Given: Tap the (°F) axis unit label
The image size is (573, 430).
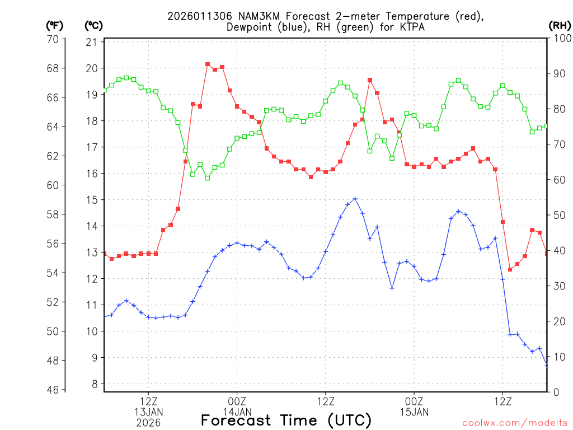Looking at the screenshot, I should pyautogui.click(x=54, y=26).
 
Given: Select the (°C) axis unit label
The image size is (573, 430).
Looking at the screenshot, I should pyautogui.click(x=93, y=26).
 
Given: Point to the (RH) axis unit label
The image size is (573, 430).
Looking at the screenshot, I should pyautogui.click(x=560, y=26).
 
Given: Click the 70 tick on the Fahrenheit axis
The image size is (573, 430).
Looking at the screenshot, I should pyautogui.click(x=53, y=39).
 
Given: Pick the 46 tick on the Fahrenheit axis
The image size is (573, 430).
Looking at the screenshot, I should pyautogui.click(x=53, y=390).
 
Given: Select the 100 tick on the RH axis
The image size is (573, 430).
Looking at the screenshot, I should pyautogui.click(x=561, y=39).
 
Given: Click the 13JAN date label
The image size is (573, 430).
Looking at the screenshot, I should pyautogui.click(x=148, y=413).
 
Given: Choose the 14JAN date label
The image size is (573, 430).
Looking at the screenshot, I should pyautogui.click(x=237, y=413).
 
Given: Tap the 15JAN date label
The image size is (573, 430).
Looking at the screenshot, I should pyautogui.click(x=414, y=413).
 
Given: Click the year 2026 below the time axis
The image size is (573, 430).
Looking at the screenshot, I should pyautogui.click(x=148, y=423).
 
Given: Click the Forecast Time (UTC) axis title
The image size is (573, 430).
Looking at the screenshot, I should pyautogui.click(x=286, y=420).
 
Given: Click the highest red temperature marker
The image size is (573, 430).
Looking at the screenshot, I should pyautogui.click(x=208, y=64).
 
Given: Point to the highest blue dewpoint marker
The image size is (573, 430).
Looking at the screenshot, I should pyautogui.click(x=355, y=199).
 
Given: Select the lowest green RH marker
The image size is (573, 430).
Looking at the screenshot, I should pyautogui.click(x=208, y=178).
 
